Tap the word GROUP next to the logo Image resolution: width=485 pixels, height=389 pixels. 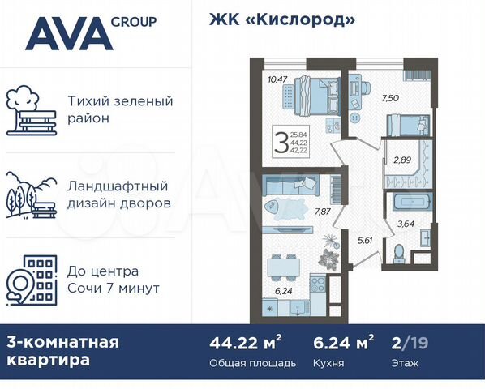point(135,21)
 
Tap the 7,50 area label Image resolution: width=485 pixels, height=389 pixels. point(389,96)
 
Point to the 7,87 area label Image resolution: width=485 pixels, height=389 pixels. point(324,215)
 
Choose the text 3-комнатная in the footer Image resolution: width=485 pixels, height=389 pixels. point(62,342)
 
